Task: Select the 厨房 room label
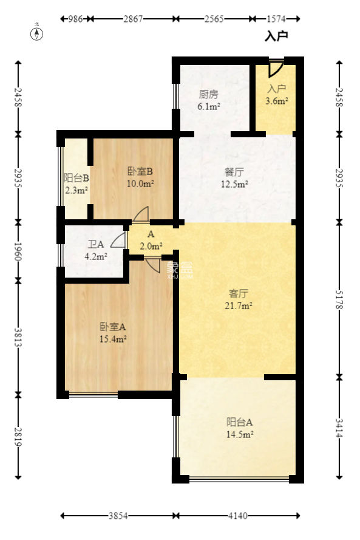tap(208, 95)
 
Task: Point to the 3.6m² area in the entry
tap(277, 101)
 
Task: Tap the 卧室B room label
tap(140, 171)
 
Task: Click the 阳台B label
tap(77, 179)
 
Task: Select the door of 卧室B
tap(141, 214)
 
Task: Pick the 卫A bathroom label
tap(96, 245)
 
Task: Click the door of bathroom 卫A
tap(120, 241)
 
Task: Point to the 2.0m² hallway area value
tap(151, 246)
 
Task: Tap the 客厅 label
tap(236, 293)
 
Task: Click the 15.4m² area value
tap(113, 339)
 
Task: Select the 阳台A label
tap(239, 423)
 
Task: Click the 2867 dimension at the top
tap(133, 19)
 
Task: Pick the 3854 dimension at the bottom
tap(118, 516)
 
